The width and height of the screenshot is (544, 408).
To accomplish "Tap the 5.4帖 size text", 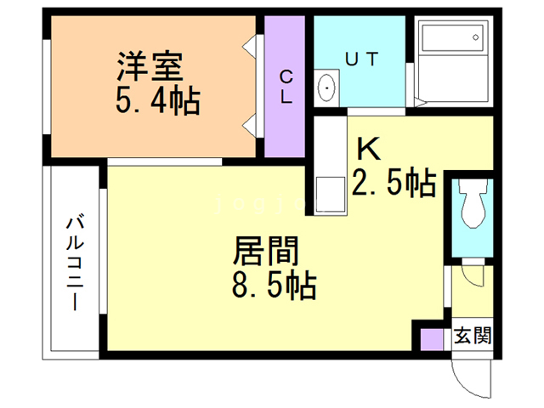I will coord(157,102).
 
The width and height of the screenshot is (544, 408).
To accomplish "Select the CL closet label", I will coord(286,86).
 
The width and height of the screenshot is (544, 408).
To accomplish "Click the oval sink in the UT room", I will coord(326,88).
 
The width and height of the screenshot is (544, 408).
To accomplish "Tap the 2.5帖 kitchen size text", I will coord(394,182).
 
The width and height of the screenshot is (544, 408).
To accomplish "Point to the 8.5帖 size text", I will coord(274,284).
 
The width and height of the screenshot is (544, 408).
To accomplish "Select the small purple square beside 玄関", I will coord(432,337).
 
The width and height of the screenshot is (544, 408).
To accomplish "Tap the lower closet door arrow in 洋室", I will coord(251,126).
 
